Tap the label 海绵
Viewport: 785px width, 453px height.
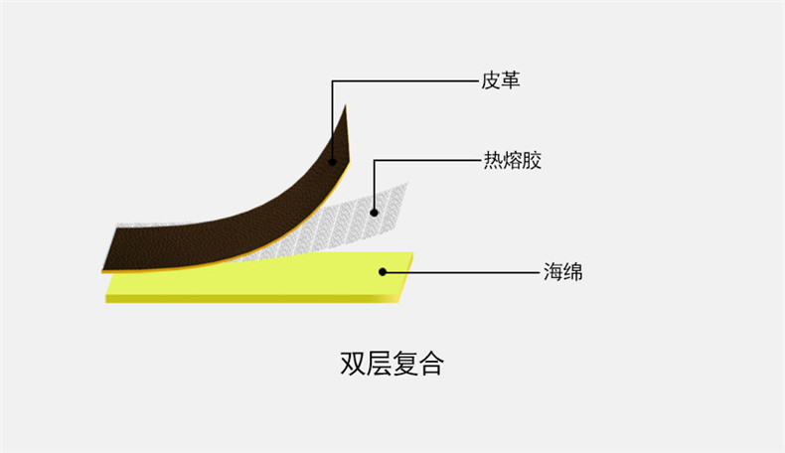(562, 270)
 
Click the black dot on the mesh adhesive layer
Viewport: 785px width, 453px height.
(374, 210)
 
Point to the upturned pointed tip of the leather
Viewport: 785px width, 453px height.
(345, 109)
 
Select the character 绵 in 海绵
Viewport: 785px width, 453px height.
(572, 270)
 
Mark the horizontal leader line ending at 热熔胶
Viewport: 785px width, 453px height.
(427, 160)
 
